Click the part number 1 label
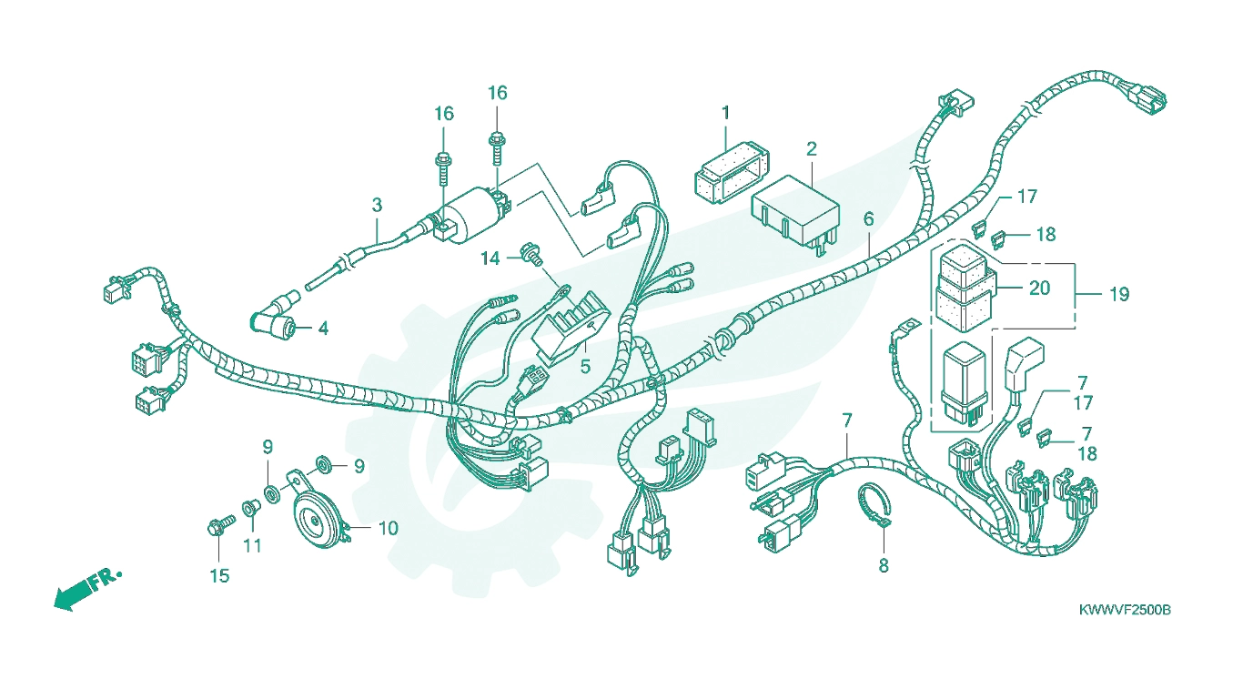tap(725, 113)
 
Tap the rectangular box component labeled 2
tap(795, 214)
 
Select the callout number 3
tap(378, 205)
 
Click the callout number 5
tap(585, 367)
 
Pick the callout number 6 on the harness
tap(868, 218)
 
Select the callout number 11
tap(252, 546)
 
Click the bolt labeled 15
tap(221, 524)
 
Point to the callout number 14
tap(490, 258)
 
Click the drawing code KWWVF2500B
tap(1125, 610)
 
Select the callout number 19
tap(1119, 294)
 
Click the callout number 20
tap(1040, 289)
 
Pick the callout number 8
tap(884, 566)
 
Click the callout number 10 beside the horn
tap(388, 529)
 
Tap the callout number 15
tap(219, 576)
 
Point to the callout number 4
tap(324, 329)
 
